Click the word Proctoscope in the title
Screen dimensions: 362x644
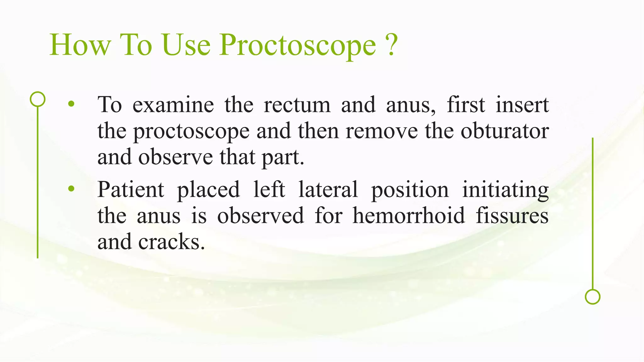coord(297,46)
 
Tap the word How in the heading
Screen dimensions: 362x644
coord(80,46)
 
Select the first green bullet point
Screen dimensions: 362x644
coord(71,104)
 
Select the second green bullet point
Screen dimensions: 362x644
coord(71,189)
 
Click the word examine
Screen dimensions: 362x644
coord(173,105)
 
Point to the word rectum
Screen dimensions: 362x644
coord(297,106)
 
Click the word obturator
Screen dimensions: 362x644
coord(505,131)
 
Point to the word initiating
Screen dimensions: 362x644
coord(505,190)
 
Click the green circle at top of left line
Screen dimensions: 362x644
coord(38,99)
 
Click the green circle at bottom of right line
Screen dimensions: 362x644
coord(592,297)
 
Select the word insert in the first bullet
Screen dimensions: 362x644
coord(522,105)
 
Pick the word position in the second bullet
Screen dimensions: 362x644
coord(410,190)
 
